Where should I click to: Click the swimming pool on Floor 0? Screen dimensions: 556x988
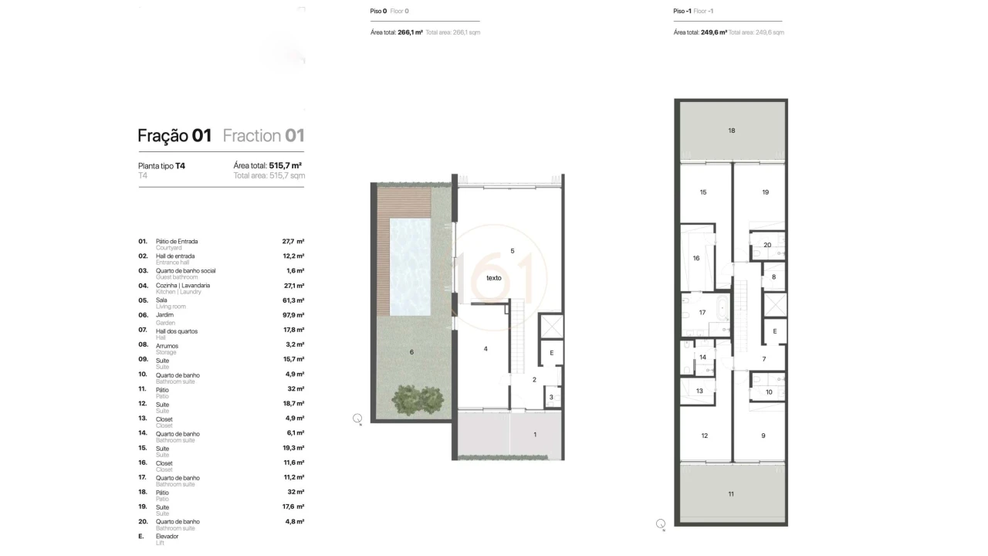410,267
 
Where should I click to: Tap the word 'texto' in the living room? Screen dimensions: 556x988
494,277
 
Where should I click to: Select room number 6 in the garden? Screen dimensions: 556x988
411,352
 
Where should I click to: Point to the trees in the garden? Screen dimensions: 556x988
419,399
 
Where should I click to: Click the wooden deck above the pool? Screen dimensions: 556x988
404,202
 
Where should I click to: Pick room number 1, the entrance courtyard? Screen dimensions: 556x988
534,435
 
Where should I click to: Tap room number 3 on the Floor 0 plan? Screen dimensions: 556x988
551,398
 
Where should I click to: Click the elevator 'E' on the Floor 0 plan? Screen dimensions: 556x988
551,353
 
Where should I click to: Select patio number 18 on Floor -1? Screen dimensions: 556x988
731,131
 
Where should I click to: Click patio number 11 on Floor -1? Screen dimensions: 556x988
731,493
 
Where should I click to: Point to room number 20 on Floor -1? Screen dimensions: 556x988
766,246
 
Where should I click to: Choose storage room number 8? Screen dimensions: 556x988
773,276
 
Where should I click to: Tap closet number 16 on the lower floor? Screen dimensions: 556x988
696,258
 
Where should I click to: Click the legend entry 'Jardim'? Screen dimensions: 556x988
164,315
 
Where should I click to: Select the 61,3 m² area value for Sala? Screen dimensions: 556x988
293,300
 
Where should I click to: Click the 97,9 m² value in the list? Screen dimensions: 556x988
293,315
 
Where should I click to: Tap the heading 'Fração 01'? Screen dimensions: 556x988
174,136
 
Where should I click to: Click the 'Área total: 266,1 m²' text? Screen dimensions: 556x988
397,32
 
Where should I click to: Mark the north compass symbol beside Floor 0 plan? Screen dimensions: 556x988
357,419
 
